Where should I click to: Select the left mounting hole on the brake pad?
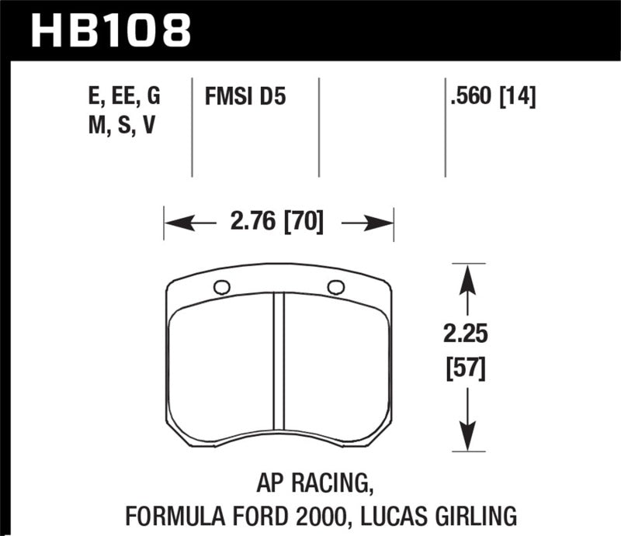(221, 287)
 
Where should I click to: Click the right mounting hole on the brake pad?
(336, 286)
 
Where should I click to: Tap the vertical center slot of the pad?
(279, 372)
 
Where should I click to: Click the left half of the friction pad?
(221, 372)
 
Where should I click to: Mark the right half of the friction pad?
(336, 372)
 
